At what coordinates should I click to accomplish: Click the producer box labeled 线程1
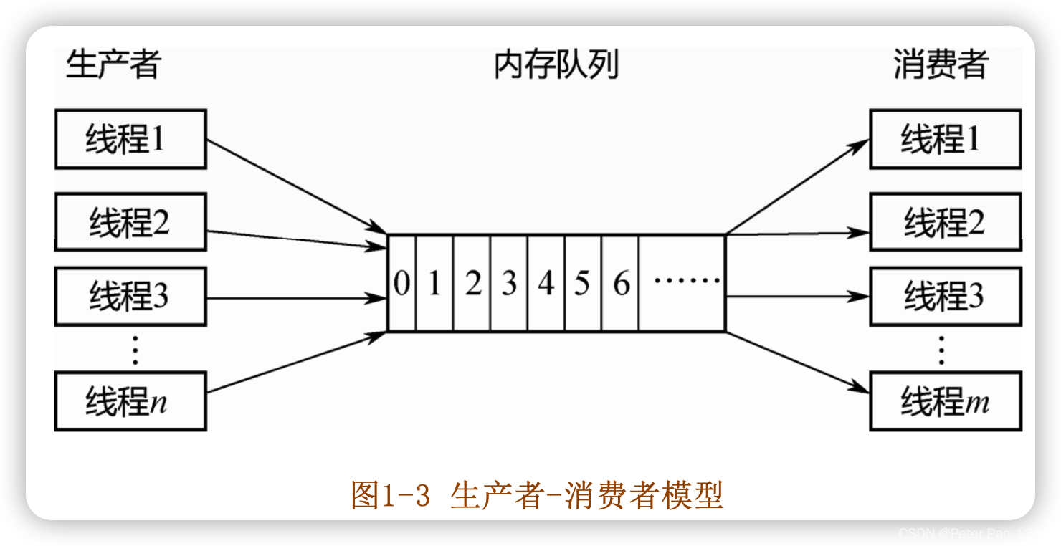(130, 139)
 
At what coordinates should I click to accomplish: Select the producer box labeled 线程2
(130, 222)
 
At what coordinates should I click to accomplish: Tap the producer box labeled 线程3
(130, 296)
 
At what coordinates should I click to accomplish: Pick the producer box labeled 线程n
(130, 401)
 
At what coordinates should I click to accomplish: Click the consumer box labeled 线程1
(945, 139)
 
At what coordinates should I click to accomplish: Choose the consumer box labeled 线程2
(945, 222)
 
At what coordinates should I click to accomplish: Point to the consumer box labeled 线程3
(945, 296)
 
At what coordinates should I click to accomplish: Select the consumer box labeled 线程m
(945, 401)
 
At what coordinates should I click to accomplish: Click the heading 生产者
(113, 64)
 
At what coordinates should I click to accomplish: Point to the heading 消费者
(941, 64)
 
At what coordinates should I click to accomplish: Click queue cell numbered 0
(401, 284)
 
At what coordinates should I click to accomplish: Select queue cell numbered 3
(509, 284)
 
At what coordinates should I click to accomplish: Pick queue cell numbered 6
(621, 284)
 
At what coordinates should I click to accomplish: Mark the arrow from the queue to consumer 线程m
(796, 362)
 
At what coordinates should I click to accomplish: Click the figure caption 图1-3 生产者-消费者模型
(536, 495)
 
